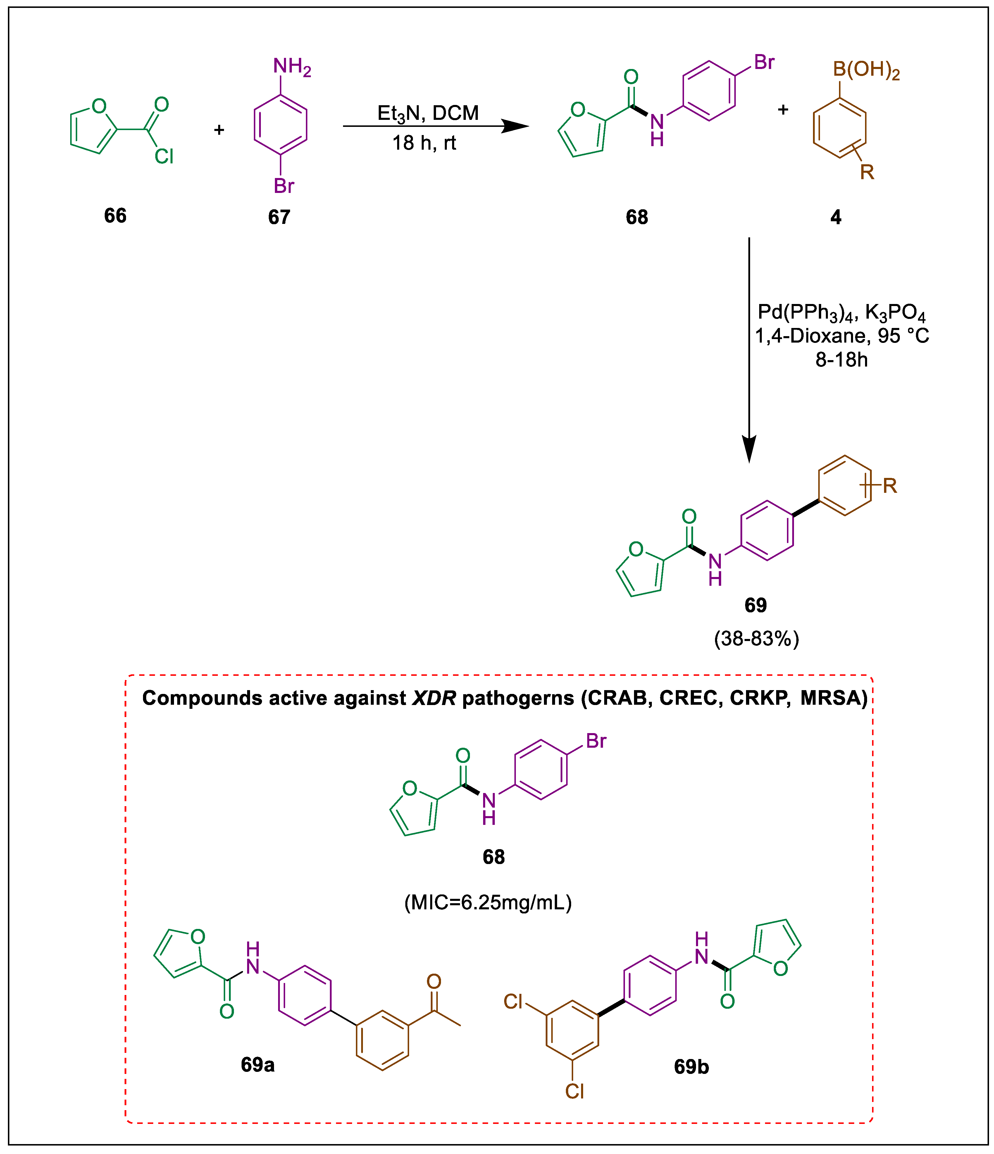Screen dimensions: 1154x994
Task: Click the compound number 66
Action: pyautogui.click(x=115, y=215)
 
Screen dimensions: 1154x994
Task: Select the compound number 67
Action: pyautogui.click(x=279, y=217)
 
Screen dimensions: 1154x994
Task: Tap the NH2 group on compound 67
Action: pyautogui.click(x=291, y=67)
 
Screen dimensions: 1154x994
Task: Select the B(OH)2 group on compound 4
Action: pyautogui.click(x=866, y=70)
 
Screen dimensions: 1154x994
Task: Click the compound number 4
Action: pyautogui.click(x=836, y=217)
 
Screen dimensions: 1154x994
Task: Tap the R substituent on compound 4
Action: pyautogui.click(x=867, y=172)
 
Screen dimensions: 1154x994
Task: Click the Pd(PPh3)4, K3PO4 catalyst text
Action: pyautogui.click(x=841, y=312)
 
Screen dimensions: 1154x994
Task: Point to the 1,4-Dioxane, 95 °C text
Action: pyautogui.click(x=841, y=336)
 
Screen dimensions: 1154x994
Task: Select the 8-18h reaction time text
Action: pyautogui.click(x=841, y=360)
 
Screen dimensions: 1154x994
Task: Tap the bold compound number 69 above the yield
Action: pyautogui.click(x=756, y=605)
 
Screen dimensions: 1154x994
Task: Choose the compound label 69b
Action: pyautogui.click(x=691, y=1067)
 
